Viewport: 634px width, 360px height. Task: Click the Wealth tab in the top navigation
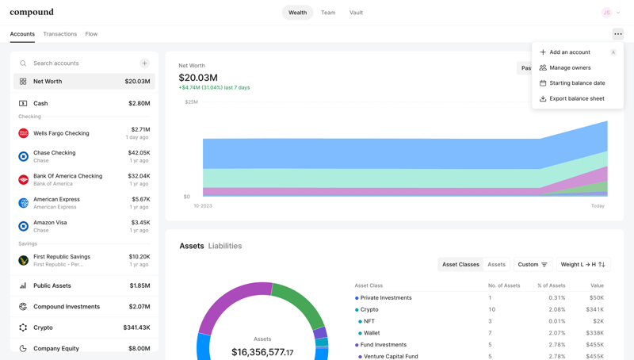click(x=297, y=13)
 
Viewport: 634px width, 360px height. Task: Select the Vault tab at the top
click(x=356, y=13)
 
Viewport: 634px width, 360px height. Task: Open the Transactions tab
click(x=60, y=34)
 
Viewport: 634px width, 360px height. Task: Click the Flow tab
click(x=91, y=34)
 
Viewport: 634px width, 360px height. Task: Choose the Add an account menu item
click(x=570, y=52)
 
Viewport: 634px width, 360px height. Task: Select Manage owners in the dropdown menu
click(x=570, y=67)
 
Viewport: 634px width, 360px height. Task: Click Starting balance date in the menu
click(x=577, y=83)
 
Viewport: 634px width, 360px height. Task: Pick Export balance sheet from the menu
click(x=576, y=99)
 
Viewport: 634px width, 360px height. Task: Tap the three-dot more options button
click(x=618, y=34)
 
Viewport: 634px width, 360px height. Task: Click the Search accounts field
click(x=79, y=63)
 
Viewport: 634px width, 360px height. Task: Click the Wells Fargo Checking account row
click(x=84, y=133)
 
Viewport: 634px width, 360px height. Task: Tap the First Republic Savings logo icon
click(x=23, y=260)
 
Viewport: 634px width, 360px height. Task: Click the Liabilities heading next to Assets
click(x=225, y=246)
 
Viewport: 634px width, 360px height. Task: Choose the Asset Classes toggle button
click(x=460, y=265)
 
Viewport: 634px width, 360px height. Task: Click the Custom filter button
click(x=533, y=265)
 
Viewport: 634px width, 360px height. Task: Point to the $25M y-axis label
click(x=191, y=102)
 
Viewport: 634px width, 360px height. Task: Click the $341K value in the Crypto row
click(x=594, y=309)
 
